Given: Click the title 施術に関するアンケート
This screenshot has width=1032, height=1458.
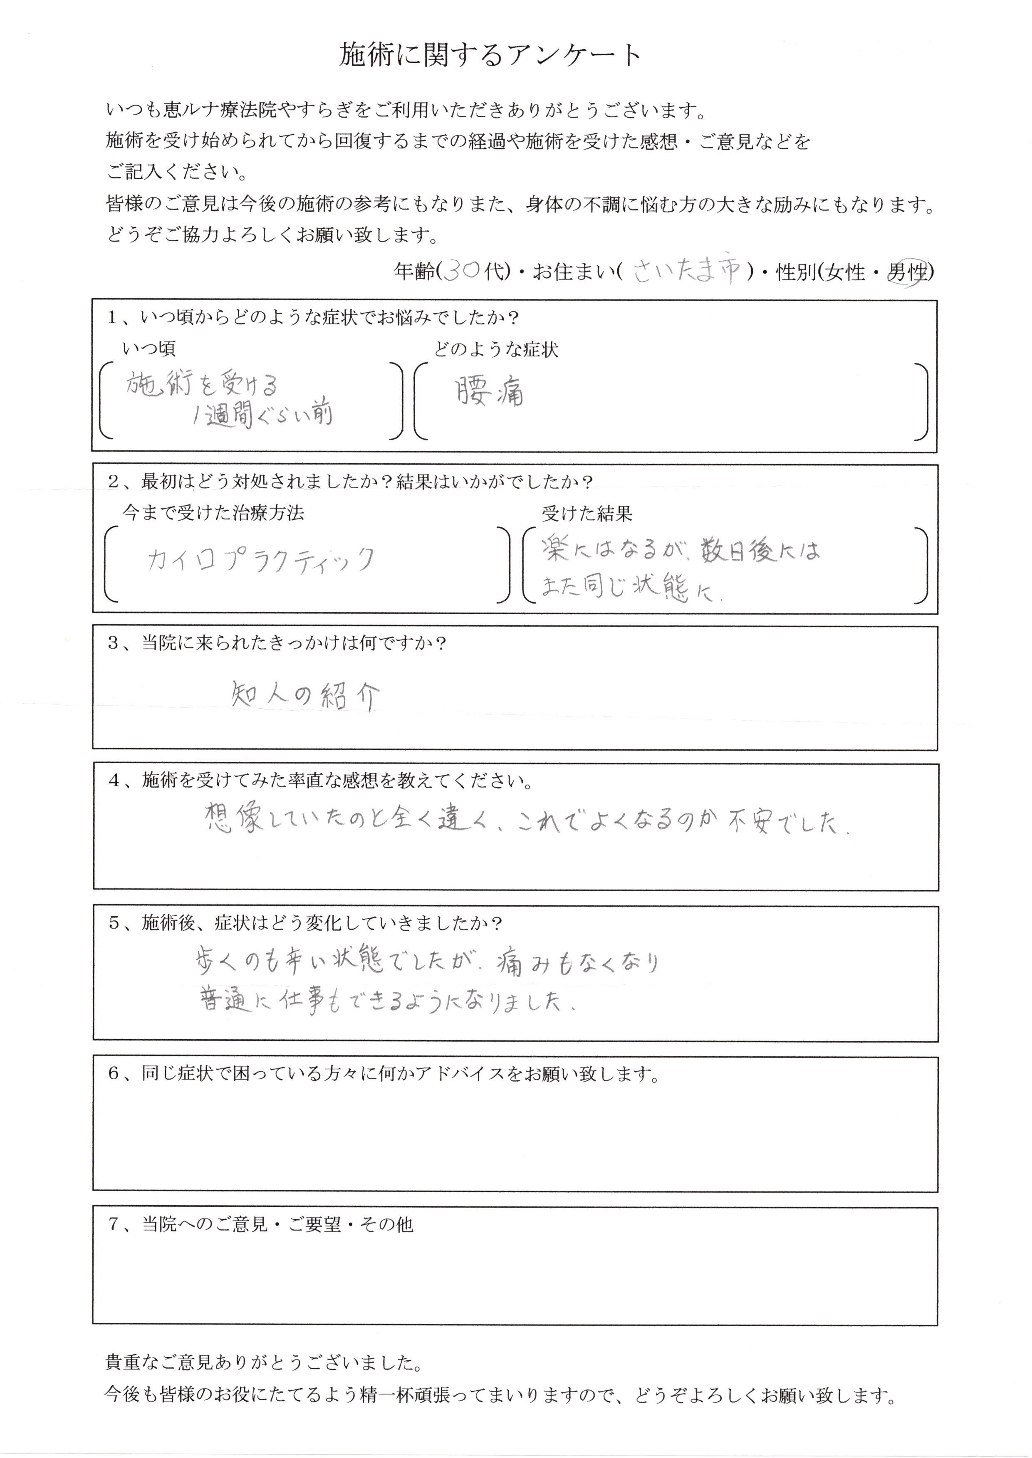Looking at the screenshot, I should [490, 56].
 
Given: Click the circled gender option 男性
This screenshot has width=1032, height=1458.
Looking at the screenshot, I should [906, 272].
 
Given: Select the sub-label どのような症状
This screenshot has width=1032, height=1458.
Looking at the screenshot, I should [496, 349].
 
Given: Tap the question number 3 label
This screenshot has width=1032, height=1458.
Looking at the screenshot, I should [114, 644].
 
